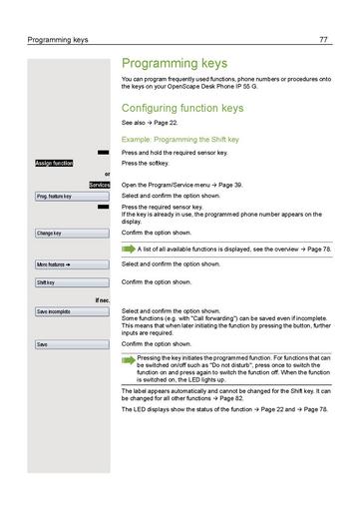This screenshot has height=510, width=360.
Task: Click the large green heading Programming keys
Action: pos(180,62)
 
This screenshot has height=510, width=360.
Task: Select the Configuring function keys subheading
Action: pos(180,107)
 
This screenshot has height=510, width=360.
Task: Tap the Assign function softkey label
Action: pos(54,162)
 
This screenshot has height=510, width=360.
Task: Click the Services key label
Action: pos(99,186)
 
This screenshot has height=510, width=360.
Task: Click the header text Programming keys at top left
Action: pos(59,40)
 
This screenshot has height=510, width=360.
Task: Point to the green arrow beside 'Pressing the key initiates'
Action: pos(130,356)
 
